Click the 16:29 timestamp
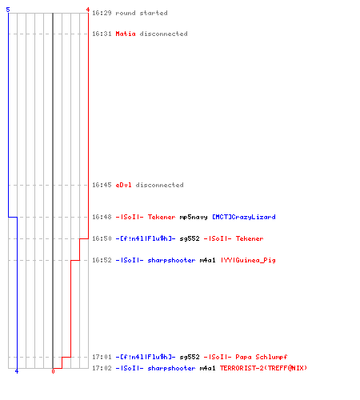[102, 13]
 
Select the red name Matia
[126, 34]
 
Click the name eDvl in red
[123, 185]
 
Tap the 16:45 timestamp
[102, 185]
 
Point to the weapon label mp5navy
[194, 217]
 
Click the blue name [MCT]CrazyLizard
[244, 217]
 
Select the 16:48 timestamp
[102, 217]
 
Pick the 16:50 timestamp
[102, 238]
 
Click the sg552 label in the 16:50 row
[190, 238]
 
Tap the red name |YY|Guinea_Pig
[248, 260]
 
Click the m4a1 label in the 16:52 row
[207, 260]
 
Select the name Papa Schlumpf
[262, 357]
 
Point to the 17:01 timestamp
[102, 357]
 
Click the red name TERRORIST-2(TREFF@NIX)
[263, 368]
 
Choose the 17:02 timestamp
[102, 368]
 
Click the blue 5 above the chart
[8, 10]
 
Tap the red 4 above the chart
[88, 10]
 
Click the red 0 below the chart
[53, 371]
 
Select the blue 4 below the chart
[17, 371]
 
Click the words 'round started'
[142, 13]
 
